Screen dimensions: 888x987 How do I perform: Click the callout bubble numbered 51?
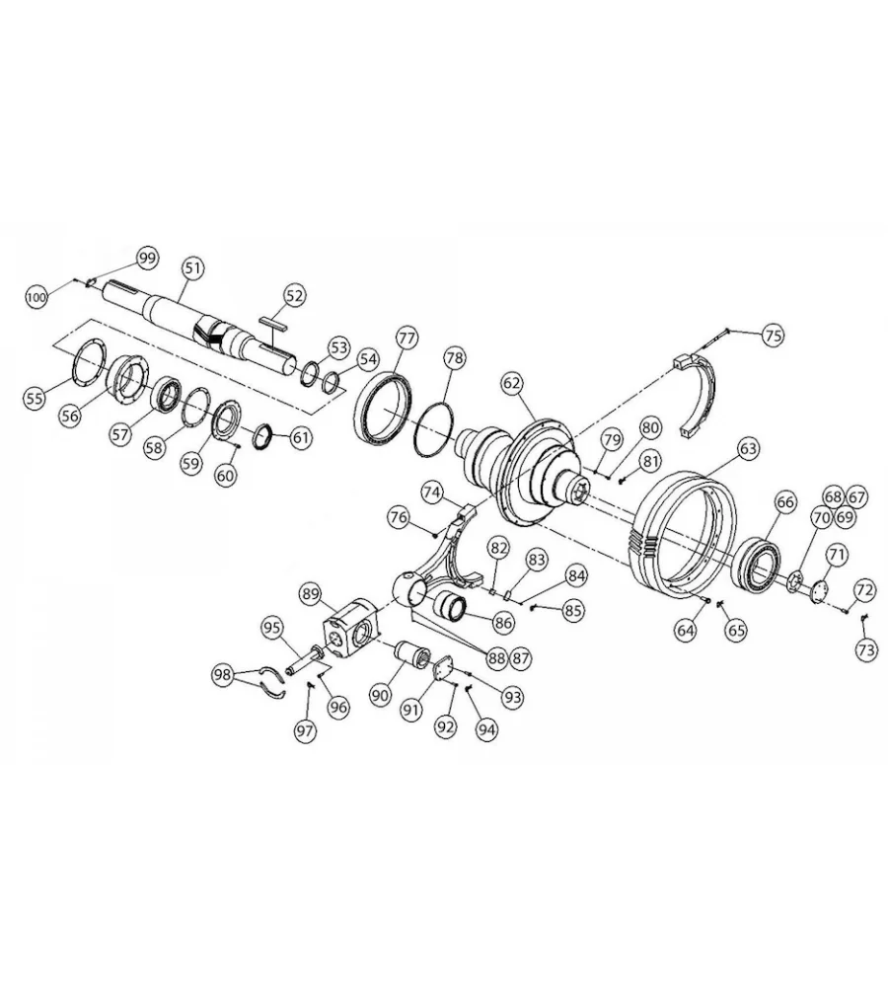click(x=193, y=268)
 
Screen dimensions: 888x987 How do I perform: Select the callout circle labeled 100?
click(x=37, y=297)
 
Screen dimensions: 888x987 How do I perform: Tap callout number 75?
click(x=773, y=335)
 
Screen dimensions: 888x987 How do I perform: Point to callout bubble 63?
click(x=748, y=449)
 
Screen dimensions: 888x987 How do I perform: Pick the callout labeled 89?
click(x=312, y=593)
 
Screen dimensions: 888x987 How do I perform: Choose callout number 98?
click(x=222, y=675)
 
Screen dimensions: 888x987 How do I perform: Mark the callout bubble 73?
click(x=866, y=649)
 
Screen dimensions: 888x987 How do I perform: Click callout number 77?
click(x=407, y=338)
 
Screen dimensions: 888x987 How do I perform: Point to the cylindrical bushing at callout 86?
click(x=450, y=606)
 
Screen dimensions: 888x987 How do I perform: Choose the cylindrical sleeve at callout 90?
click(x=412, y=656)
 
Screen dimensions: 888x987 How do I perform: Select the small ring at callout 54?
click(x=331, y=382)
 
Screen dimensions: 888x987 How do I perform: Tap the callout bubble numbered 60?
click(x=225, y=475)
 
